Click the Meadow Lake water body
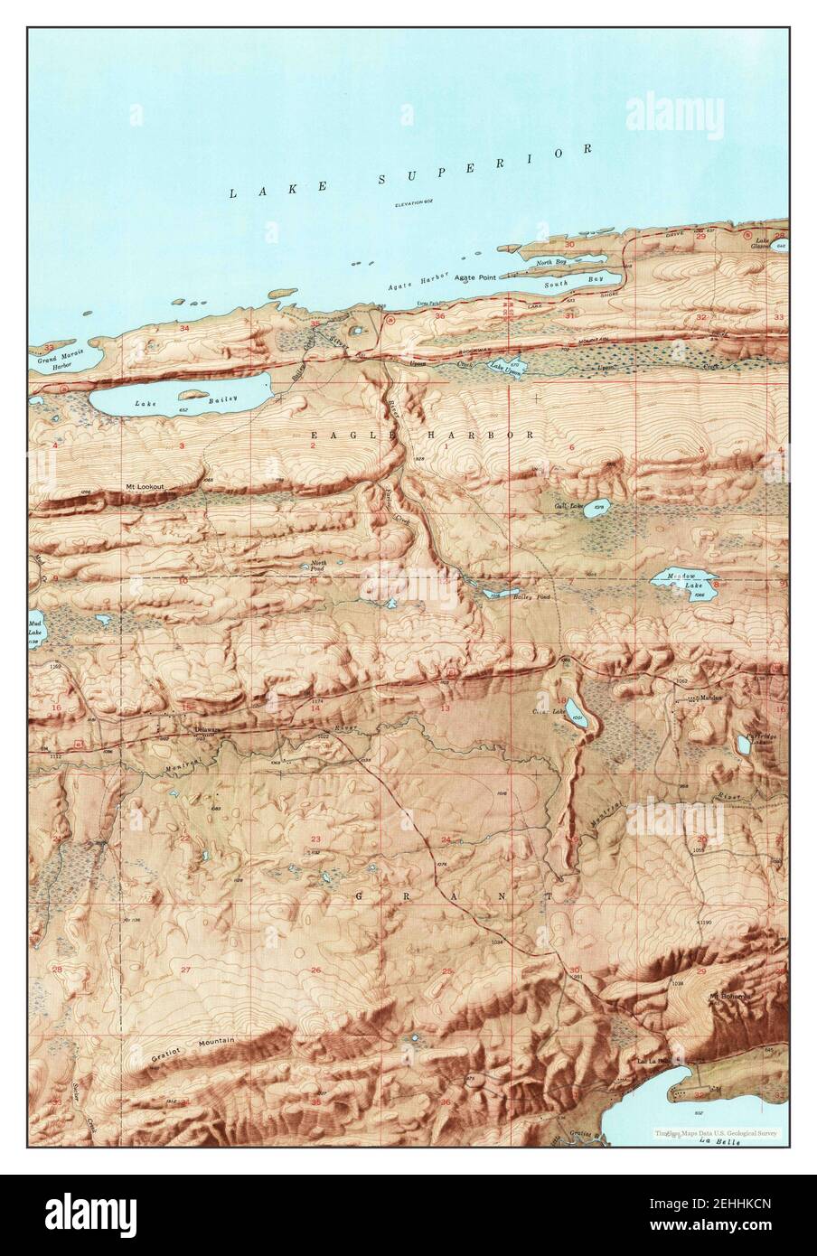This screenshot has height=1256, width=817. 685,587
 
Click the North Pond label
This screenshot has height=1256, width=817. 317,566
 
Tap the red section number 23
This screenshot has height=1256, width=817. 315,840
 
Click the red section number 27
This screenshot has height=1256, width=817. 186,970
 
